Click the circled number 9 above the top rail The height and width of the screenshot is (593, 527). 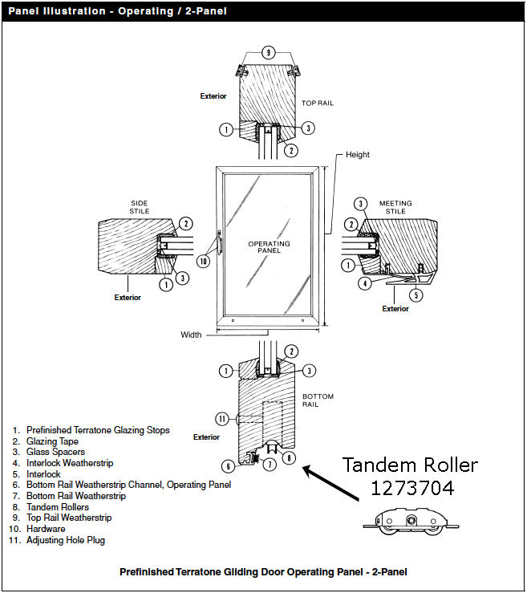pos(269,52)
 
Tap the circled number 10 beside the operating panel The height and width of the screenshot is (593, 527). pos(204,260)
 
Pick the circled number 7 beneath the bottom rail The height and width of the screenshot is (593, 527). pos(270,465)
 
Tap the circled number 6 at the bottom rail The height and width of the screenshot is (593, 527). pos(228,465)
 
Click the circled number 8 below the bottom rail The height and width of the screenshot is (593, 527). pos(290,458)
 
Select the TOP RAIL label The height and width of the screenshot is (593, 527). pos(317,104)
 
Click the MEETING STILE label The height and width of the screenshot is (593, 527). pos(395,208)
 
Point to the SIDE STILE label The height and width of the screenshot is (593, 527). pos(140,207)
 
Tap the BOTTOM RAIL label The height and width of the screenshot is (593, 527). pos(318,401)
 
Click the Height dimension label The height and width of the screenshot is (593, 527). pos(357,155)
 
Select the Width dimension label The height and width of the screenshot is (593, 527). pos(191,335)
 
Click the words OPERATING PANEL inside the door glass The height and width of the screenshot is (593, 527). pos(268,247)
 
